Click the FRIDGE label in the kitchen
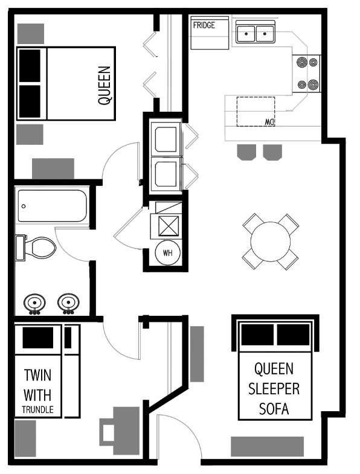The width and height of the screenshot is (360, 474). [x=204, y=25]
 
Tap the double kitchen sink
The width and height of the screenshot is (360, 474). [x=254, y=33]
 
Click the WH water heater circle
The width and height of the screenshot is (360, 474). [x=167, y=253]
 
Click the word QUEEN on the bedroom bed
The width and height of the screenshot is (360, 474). [x=104, y=86]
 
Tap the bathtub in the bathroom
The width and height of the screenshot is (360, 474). [x=52, y=207]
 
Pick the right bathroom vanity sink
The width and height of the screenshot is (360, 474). [x=68, y=303]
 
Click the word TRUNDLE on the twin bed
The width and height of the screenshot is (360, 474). [x=38, y=409]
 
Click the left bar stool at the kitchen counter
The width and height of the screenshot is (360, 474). [x=245, y=153]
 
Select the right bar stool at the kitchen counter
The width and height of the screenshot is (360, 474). [x=273, y=153]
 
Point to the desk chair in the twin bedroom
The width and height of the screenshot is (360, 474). [x=109, y=432]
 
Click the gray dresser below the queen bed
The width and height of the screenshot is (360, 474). [x=53, y=168]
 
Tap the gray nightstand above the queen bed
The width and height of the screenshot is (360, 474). [x=30, y=33]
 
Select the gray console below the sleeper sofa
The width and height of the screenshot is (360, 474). [x=266, y=446]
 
